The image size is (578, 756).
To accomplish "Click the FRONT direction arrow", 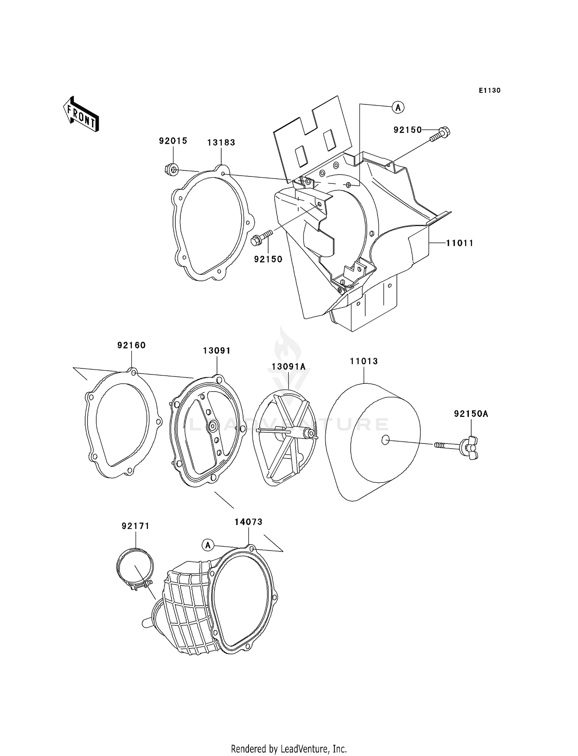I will tap(81, 115).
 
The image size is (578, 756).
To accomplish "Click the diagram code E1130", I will tap(489, 91).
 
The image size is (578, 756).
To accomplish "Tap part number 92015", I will tap(173, 141).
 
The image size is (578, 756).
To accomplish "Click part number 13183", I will tap(221, 143).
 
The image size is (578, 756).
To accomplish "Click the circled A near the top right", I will tap(398, 108).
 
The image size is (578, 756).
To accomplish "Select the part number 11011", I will tap(459, 243).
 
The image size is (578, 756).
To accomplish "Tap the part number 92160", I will tap(131, 345).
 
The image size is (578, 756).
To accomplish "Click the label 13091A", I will tap(288, 367).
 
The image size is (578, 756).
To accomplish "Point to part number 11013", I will tap(363, 361).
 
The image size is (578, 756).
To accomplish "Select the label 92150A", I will tap(470, 414).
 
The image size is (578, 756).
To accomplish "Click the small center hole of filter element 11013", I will tap(385, 440).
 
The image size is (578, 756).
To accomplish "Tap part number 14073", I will tap(248, 522).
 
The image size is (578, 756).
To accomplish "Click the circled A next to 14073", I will tap(208, 545).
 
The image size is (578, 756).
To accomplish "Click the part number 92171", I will tap(135, 526).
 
